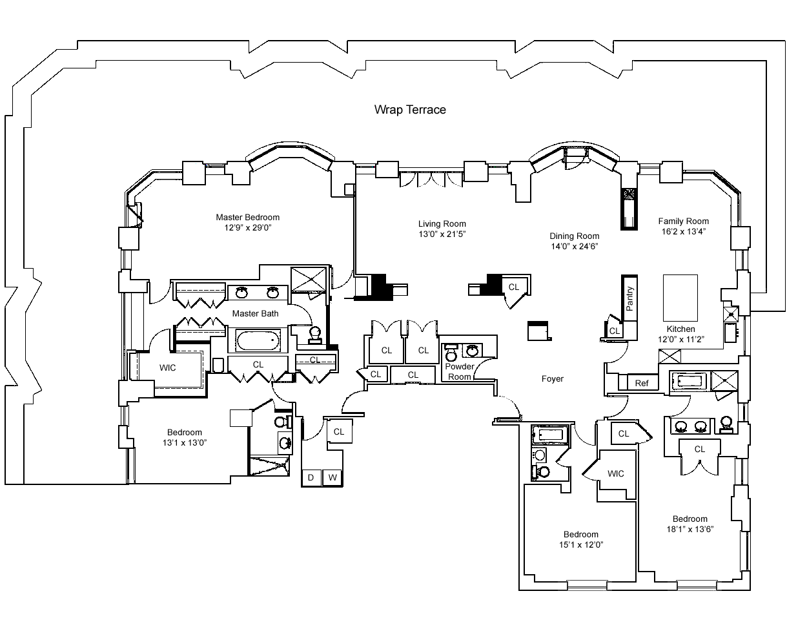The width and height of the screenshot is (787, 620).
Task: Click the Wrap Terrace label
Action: [x=410, y=110]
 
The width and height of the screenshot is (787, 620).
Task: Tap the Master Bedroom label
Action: [x=247, y=217]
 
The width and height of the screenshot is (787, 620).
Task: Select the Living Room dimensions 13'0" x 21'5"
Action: [x=442, y=234]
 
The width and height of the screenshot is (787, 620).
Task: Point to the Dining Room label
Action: [x=574, y=236]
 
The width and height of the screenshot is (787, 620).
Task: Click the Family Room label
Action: [x=683, y=221]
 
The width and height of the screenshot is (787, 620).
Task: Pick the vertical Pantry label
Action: [x=629, y=298]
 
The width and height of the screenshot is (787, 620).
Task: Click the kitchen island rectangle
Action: [x=680, y=298]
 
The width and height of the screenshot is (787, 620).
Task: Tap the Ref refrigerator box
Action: [x=642, y=382]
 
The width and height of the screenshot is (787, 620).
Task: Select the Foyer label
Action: [x=552, y=378]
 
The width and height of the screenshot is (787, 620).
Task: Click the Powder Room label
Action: [x=459, y=371]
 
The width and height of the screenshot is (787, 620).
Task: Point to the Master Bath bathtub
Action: [x=258, y=340]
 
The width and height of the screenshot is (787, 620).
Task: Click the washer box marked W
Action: [x=332, y=477]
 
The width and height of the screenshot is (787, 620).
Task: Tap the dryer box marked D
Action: [x=311, y=477]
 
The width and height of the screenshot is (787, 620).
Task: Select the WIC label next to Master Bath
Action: [x=167, y=367]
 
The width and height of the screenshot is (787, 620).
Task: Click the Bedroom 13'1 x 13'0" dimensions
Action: [x=184, y=442]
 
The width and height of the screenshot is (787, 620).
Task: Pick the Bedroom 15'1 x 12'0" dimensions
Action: [x=581, y=544]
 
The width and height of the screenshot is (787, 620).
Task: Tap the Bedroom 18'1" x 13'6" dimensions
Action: [x=690, y=529]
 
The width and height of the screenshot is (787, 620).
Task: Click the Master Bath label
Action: [x=255, y=313]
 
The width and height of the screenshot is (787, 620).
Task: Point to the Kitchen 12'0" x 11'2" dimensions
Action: [x=680, y=339]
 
